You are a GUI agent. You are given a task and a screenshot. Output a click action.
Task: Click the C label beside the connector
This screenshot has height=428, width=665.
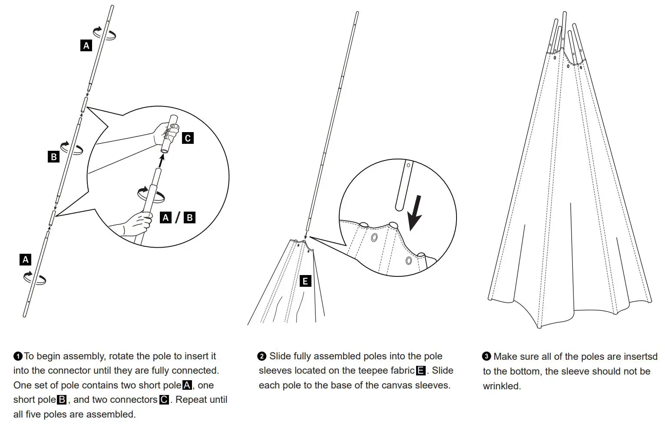pos(188,138)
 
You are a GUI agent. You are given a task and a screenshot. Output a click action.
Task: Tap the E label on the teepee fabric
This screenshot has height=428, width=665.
pos(305,281)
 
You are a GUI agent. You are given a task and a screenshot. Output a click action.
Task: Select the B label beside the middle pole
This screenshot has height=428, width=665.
pos(53,156)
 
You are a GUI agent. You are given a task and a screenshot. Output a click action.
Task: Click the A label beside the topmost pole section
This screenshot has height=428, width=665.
pos(86,45)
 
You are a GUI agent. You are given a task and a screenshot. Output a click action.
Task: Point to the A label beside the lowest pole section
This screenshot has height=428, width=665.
pos(26,260)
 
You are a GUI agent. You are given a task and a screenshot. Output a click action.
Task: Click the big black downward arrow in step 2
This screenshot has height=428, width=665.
pos(415,212)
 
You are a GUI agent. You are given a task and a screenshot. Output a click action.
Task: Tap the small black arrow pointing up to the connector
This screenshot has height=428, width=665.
pos(162,162)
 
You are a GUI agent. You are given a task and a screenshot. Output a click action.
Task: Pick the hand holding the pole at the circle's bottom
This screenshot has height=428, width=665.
pos(135,224)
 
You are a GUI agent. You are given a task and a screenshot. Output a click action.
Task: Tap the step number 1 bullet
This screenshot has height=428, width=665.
pos(18,356)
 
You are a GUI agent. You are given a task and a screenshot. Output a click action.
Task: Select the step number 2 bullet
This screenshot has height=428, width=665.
pos(261,356)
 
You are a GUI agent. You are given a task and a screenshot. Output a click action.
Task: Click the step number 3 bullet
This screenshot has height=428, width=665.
pos(486,356)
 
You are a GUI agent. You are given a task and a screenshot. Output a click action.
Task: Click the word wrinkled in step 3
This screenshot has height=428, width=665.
pos(502,386)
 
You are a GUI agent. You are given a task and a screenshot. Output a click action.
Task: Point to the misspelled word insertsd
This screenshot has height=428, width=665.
pos(640,357)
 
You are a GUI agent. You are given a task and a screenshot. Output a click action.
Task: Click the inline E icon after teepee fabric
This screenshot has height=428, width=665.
pos(420,371)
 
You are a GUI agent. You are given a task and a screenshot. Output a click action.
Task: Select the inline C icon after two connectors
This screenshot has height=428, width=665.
pos(164,400)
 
